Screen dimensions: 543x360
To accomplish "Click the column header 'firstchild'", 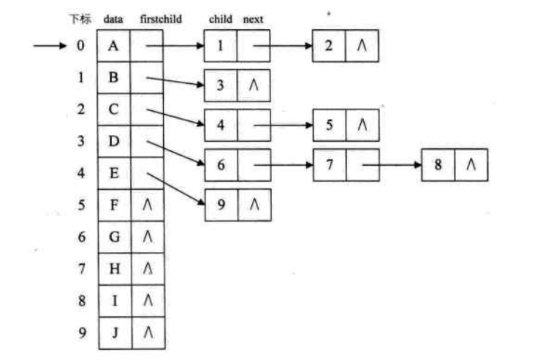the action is coord(155,18).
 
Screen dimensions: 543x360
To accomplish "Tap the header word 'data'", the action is coord(113,18).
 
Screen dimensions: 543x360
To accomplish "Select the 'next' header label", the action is coord(253,18).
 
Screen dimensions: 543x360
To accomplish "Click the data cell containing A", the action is coord(113,46).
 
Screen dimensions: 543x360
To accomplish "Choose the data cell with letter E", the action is coord(113,173).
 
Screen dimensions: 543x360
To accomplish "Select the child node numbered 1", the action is coord(221,46).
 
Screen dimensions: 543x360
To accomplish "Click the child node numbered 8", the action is coord(437,165).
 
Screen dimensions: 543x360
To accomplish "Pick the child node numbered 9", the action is coord(221,205).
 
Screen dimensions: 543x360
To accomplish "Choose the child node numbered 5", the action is coord(330,125).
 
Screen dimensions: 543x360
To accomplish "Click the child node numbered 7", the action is coord(330,165).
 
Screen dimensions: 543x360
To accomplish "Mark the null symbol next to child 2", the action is coord(362,46).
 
